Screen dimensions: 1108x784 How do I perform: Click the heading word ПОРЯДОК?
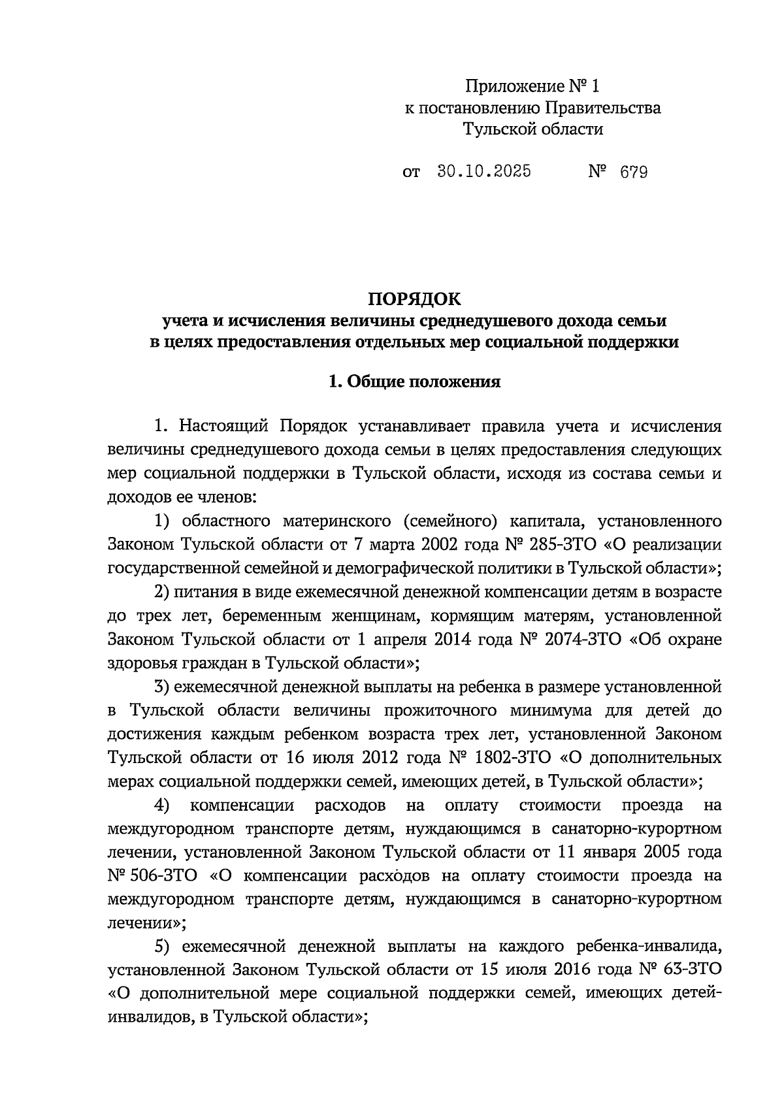(414, 299)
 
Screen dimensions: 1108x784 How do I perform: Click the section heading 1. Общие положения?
(414, 382)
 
